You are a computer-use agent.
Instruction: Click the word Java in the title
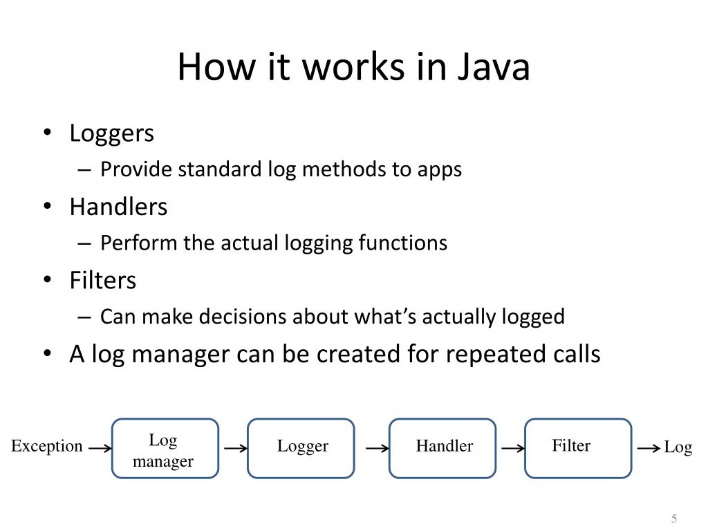click(x=493, y=68)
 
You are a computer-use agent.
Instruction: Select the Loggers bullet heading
click(x=111, y=133)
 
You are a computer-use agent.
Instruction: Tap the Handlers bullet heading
click(x=118, y=207)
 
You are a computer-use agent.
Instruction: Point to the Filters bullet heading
click(x=103, y=280)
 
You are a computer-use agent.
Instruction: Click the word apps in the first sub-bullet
click(x=439, y=169)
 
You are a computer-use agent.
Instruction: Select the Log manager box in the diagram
click(x=165, y=449)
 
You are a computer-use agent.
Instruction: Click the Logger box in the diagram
click(x=301, y=449)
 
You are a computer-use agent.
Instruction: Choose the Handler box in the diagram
click(x=442, y=449)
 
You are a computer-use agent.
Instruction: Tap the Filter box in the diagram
click(x=578, y=449)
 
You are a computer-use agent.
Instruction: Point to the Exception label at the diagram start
click(x=46, y=447)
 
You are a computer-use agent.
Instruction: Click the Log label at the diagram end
click(x=678, y=448)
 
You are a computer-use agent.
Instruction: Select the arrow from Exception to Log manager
click(x=100, y=448)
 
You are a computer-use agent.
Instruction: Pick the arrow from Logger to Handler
click(x=377, y=448)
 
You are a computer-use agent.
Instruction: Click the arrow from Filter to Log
click(x=649, y=448)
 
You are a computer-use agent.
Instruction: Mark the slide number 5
click(x=673, y=519)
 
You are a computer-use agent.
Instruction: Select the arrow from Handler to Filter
click(x=513, y=448)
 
